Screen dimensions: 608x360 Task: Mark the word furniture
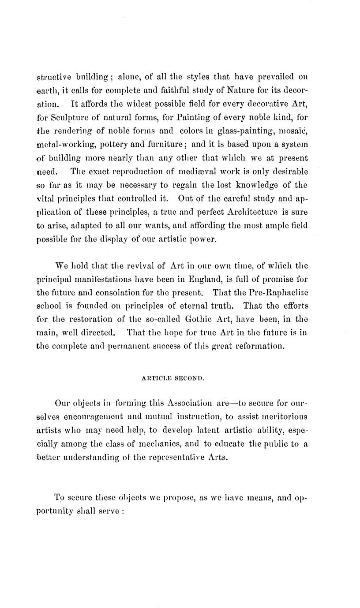click(x=164, y=144)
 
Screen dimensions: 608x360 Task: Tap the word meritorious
click(x=283, y=417)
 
